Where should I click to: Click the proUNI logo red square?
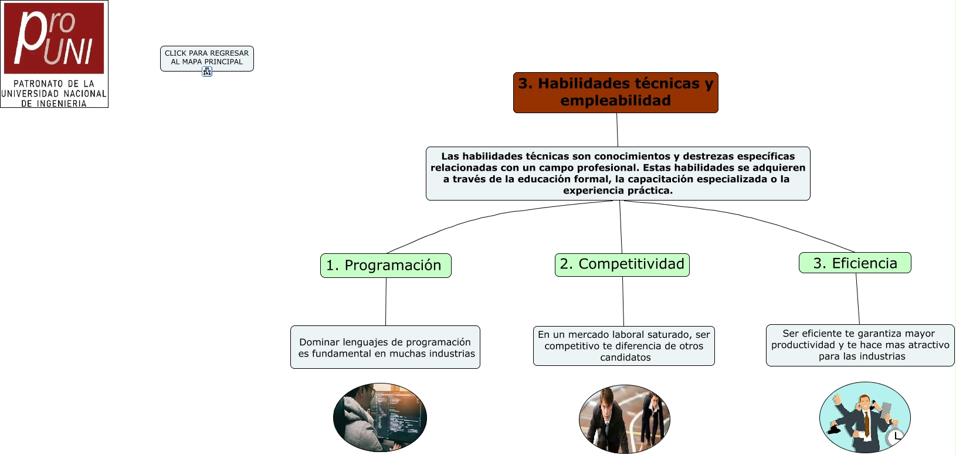[54, 38]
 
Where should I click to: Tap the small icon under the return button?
[207, 72]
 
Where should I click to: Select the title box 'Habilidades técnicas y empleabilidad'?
[615, 92]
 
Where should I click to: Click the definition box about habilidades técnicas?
[618, 173]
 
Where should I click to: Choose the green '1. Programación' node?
[385, 266]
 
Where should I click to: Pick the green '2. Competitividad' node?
[622, 264]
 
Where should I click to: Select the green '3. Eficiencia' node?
[855, 263]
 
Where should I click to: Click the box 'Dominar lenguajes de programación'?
[385, 347]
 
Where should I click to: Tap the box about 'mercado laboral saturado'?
[623, 346]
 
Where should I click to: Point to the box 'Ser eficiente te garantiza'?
[860, 345]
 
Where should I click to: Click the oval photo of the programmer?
[380, 417]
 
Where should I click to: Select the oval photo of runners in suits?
[624, 419]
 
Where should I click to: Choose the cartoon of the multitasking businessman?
[865, 417]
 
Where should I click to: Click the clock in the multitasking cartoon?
[896, 436]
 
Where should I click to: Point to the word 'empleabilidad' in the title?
[615, 101]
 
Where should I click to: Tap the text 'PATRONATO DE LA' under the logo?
[54, 84]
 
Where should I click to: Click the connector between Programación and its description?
[386, 301]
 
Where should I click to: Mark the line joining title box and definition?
[617, 130]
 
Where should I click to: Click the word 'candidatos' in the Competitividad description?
[625, 358]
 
